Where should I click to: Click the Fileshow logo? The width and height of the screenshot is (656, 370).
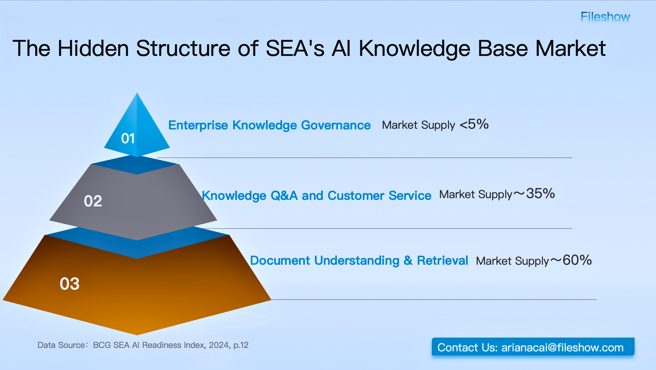coord(605,17)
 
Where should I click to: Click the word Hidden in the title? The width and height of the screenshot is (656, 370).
coord(93,48)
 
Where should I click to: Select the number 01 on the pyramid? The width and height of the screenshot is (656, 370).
coord(128,139)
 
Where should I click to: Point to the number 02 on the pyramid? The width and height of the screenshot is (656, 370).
coord(93,201)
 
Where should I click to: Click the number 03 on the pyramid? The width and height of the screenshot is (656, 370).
coord(69,284)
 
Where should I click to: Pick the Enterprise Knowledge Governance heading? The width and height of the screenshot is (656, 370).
coord(269,125)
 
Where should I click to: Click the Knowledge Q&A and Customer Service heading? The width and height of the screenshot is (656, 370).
coord(316,195)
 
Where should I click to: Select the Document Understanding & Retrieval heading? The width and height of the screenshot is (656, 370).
coord(359,261)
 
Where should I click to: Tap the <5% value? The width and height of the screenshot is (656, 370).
coord(474,124)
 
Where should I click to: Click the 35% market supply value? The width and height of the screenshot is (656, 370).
coord(540,194)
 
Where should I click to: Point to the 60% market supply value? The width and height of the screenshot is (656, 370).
coord(577,260)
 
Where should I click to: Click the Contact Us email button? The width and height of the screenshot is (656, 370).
coord(533,347)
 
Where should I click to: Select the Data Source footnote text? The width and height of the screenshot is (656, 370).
coord(143,345)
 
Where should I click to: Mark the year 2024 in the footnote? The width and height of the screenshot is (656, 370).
coord(219,345)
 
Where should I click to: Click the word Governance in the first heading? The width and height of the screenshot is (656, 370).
coord(336,125)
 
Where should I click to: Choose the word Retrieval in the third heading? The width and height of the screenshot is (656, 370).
coord(442,261)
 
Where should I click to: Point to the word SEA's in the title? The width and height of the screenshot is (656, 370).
coord(295,48)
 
